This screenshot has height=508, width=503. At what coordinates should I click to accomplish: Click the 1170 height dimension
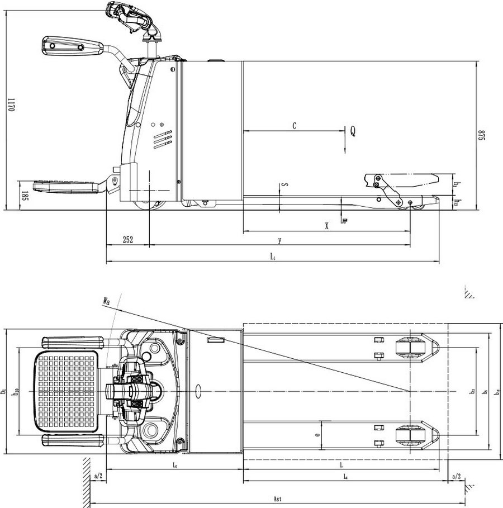pos(10,105)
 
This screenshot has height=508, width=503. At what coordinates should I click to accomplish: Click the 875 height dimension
pos(480,136)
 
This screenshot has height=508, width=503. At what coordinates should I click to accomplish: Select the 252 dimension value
pos(127,240)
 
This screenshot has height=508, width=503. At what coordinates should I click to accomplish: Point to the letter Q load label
pos(353,131)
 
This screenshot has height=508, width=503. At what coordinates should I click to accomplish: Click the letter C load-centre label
pos(294,126)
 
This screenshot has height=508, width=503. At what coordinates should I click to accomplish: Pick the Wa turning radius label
pos(106,302)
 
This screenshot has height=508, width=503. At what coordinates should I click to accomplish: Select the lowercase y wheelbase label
pos(279,240)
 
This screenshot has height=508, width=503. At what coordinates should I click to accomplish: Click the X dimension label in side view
pos(326,226)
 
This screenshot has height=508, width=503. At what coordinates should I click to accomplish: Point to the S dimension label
pos(285,184)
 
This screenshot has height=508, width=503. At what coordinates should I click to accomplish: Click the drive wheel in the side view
pos(150,205)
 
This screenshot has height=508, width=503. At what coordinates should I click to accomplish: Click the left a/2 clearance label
pos(98,476)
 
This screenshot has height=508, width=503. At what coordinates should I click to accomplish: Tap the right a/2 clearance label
pos(455,476)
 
